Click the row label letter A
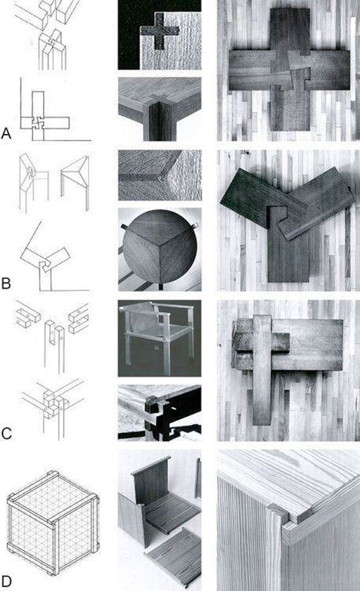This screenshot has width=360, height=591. tap(6, 133)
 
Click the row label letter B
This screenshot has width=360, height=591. tap(5, 283)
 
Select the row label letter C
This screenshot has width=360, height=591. tap(6, 434)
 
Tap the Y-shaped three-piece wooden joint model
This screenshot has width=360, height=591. tap(287, 225)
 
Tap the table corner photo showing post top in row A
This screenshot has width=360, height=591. tap(160, 110)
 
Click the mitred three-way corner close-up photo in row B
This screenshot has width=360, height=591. tap(160, 175)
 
